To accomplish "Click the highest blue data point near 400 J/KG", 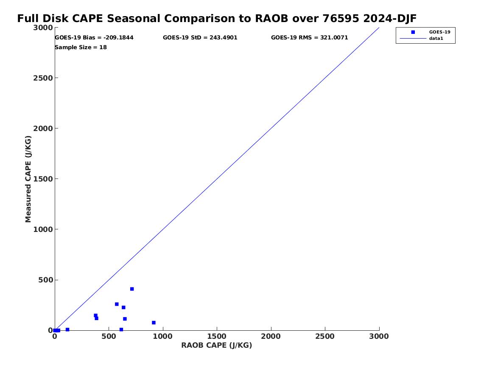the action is point(132,289).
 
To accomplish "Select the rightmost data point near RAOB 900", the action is point(154,323).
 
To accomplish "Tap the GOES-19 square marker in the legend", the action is point(413,32).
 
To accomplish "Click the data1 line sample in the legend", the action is point(413,39).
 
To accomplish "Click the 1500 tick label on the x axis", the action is point(217,337).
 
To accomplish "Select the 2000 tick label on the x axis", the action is point(271,337).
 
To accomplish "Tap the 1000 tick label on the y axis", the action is point(43,229).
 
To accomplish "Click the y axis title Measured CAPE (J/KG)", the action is point(28,179).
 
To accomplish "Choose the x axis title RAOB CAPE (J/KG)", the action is point(217,346).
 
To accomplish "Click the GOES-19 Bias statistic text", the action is point(94,38).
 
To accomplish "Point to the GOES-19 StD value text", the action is point(200,38).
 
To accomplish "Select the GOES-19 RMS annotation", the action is point(309,38).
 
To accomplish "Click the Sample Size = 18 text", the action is point(81,47).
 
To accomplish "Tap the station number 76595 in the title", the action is point(341,19).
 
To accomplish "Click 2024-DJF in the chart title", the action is point(390,19).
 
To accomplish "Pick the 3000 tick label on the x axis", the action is point(379,337).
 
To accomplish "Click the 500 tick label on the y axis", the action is point(45,280).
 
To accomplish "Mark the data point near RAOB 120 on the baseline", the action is point(67,330).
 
